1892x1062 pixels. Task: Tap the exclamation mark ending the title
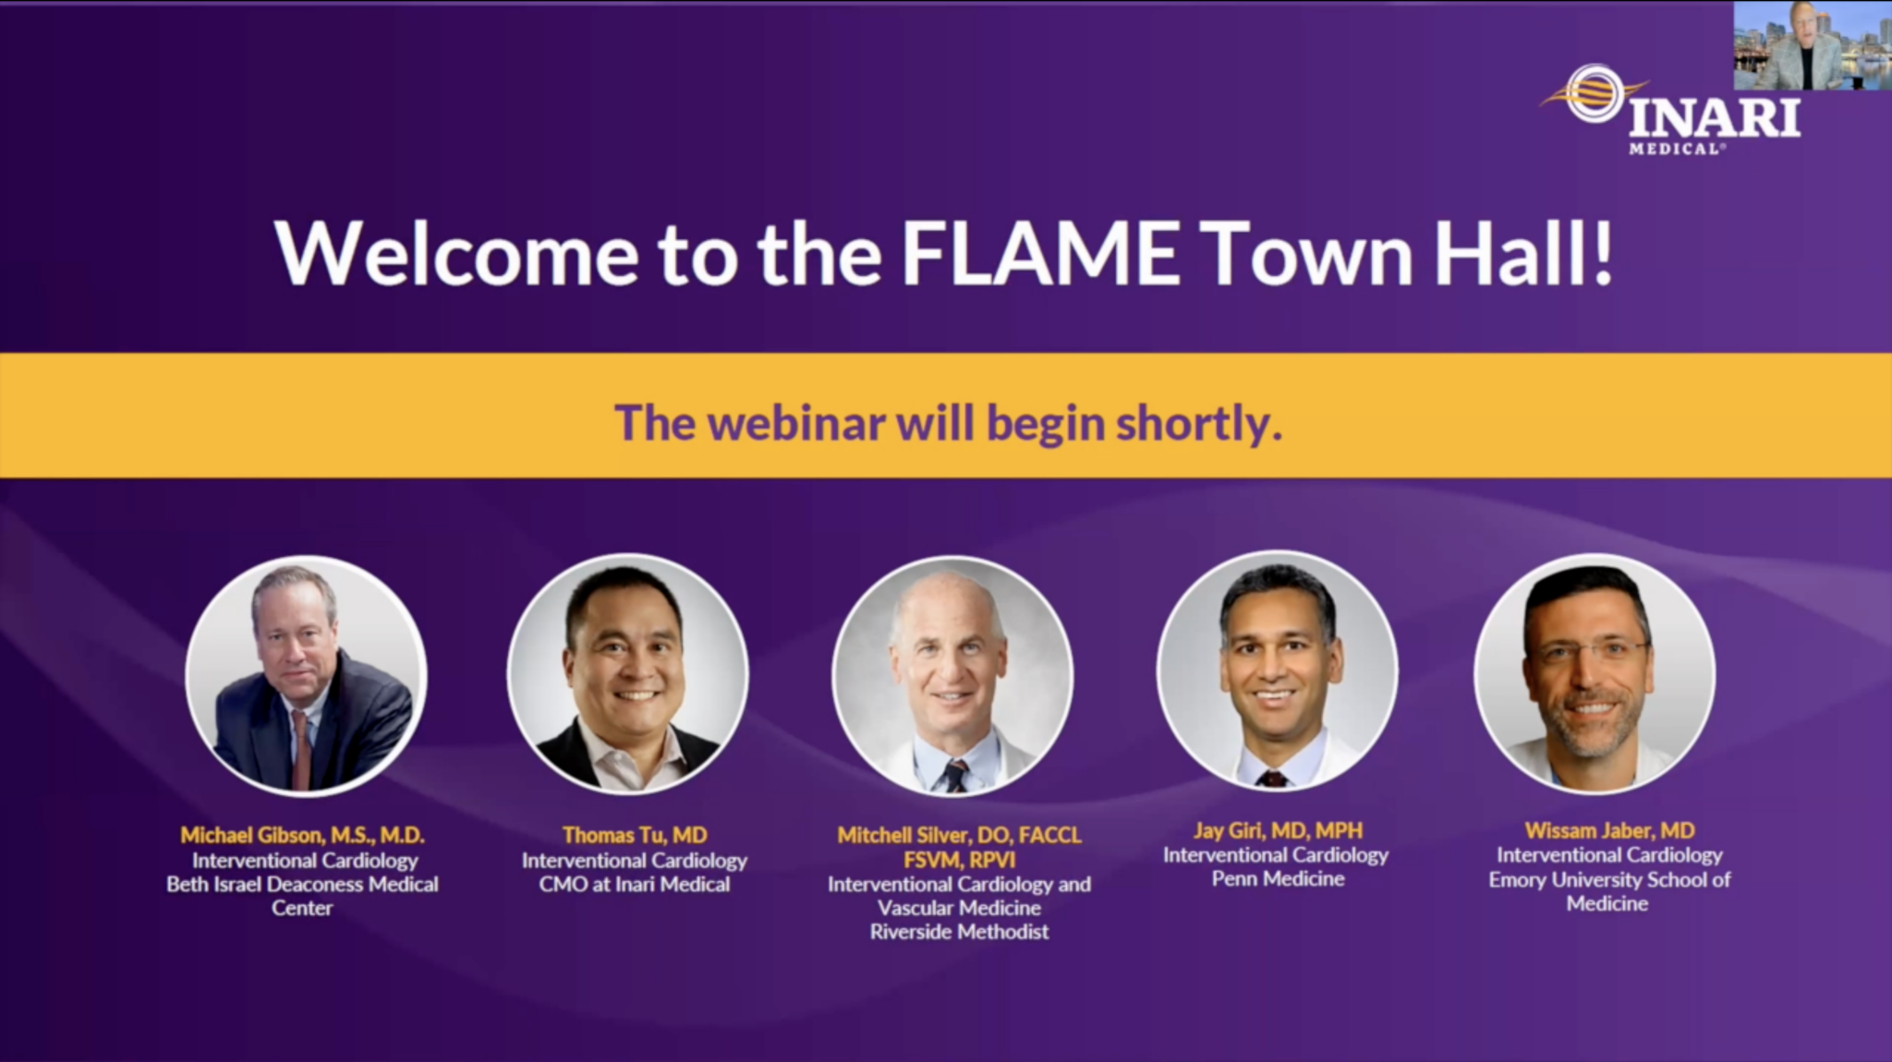(1600, 252)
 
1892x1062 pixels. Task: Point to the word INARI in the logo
(1714, 117)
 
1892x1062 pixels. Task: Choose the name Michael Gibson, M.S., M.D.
(302, 836)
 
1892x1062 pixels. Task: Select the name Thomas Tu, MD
(635, 836)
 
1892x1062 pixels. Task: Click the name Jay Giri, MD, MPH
(1278, 830)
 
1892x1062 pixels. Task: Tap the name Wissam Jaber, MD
(1609, 830)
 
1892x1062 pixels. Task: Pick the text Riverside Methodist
(959, 932)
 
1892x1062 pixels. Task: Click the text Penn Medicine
(1278, 878)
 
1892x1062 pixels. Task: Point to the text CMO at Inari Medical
(635, 884)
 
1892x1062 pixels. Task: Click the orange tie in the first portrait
(300, 748)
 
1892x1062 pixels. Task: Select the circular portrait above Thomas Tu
(628, 674)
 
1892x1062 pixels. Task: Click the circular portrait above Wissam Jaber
(1595, 674)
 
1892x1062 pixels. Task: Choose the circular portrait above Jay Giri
(1278, 671)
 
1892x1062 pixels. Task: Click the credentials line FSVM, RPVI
(959, 860)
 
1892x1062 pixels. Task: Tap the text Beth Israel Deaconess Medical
(302, 884)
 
